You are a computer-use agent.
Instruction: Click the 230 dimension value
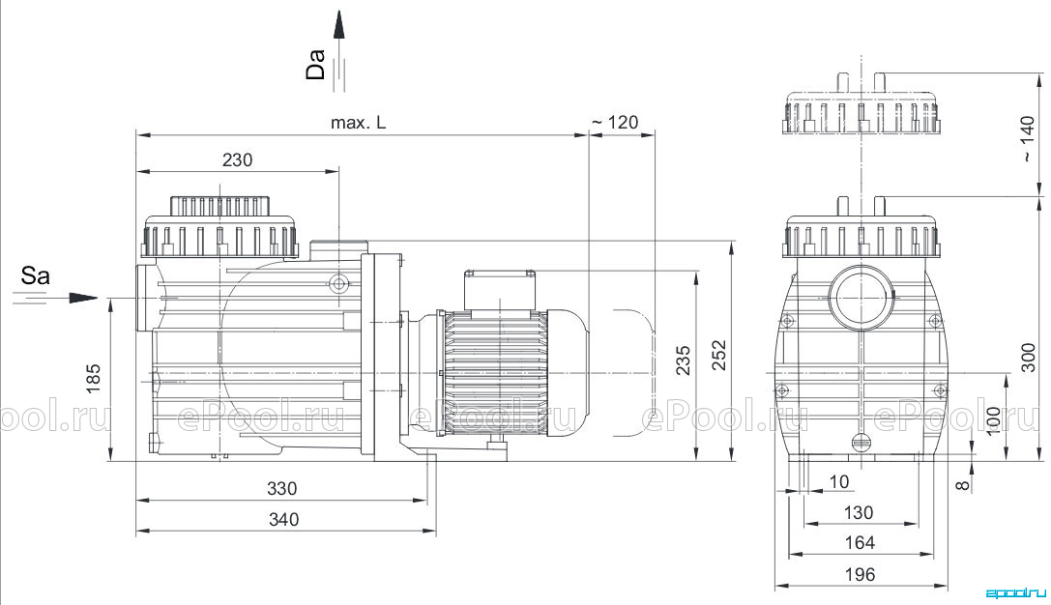point(237,160)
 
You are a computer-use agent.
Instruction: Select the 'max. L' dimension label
point(358,123)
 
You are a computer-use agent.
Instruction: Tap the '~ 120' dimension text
point(615,123)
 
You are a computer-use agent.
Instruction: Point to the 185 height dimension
point(93,379)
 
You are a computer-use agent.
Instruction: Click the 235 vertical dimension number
point(683,360)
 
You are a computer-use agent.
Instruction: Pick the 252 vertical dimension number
point(717,355)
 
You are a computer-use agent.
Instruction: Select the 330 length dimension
point(281,488)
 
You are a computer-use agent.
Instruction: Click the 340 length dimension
point(283,519)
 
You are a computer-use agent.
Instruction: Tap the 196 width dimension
point(860,574)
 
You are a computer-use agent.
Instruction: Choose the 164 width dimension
point(860,543)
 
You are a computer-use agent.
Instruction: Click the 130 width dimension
point(858,512)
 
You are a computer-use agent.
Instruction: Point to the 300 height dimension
point(1028,357)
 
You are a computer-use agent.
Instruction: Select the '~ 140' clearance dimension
point(1028,139)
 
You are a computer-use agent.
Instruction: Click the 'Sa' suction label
point(35,274)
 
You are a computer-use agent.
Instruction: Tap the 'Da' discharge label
point(315,65)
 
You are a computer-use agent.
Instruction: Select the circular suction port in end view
point(861,297)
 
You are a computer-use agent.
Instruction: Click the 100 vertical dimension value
point(994,420)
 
